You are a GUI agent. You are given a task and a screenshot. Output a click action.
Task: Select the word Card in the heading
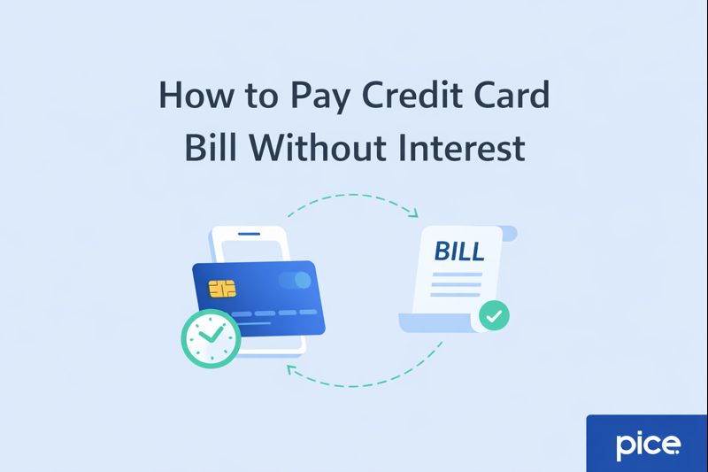point(507,95)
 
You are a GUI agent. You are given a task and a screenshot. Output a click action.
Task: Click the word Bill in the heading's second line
point(211,147)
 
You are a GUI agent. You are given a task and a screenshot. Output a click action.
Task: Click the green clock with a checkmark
point(211,337)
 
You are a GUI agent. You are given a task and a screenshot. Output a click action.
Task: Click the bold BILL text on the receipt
point(459,251)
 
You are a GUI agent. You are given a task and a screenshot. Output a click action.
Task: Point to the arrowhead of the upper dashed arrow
point(414,213)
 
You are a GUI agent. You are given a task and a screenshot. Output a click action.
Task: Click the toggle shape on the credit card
point(295,281)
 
